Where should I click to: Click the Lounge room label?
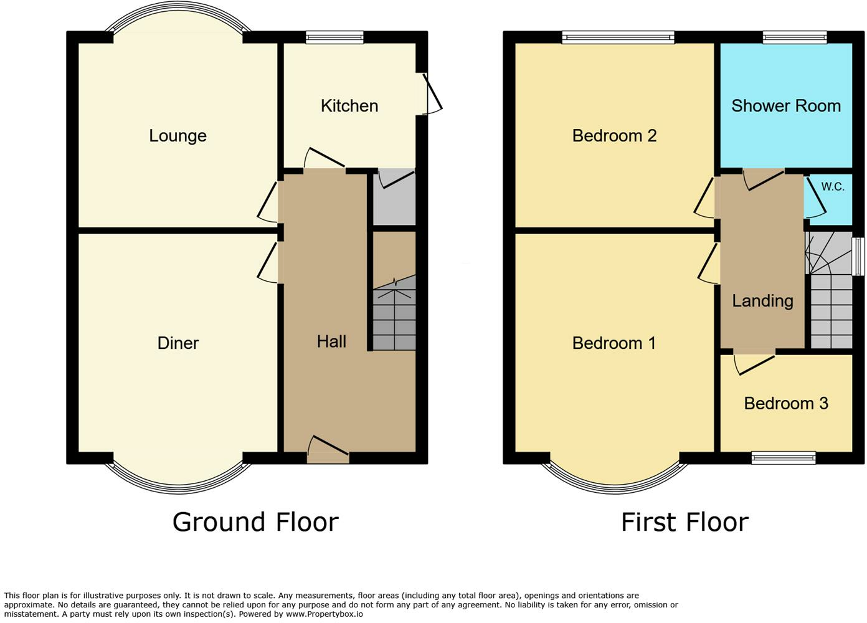click(178, 136)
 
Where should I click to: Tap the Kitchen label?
click(349, 106)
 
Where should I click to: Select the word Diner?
click(178, 343)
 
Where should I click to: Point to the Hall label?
click(331, 341)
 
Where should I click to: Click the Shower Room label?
click(786, 106)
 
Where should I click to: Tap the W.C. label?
click(833, 187)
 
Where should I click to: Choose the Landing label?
click(762, 301)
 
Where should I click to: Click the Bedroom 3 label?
click(786, 404)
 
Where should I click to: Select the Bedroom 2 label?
click(614, 136)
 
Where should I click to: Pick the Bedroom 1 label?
click(614, 343)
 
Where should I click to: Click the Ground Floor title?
click(255, 522)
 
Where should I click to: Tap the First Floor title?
click(685, 522)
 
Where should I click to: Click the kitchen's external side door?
click(432, 95)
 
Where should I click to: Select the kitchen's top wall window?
click(334, 38)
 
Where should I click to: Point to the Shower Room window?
click(795, 38)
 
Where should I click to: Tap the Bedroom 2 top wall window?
click(618, 38)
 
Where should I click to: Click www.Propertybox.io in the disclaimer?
click(324, 614)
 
